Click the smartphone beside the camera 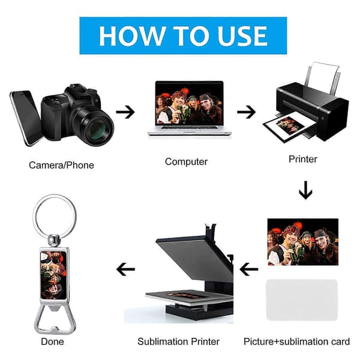26,118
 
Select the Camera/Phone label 62,165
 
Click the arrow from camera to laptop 125,112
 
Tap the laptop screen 189,103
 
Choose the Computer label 186,161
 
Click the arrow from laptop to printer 247,112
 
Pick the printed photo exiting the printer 289,126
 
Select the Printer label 303,159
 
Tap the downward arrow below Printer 305,190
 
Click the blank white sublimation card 302,300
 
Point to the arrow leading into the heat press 249,269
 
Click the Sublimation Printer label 178,341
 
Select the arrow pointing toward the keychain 125,269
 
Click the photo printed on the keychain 53,275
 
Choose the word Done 52,341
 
